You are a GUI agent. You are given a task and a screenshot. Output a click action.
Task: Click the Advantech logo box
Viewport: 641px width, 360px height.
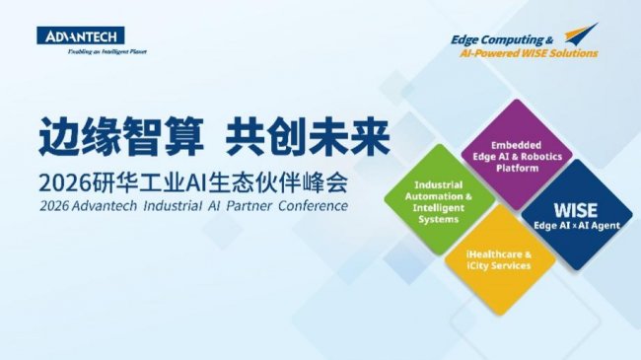point(81,36)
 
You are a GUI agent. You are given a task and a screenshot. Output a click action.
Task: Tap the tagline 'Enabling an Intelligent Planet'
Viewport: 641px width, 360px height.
point(107,51)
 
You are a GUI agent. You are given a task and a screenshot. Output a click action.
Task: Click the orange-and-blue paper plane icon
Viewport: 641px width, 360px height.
point(581,34)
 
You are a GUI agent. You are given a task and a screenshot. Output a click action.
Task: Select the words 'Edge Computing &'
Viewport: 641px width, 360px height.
point(502,39)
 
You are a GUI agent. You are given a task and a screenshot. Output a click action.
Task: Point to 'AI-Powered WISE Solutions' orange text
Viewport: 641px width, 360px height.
point(529,53)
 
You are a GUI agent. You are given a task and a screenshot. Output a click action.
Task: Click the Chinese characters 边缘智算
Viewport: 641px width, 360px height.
point(121,136)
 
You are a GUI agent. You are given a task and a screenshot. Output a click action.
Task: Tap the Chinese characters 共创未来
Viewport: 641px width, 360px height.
point(308,136)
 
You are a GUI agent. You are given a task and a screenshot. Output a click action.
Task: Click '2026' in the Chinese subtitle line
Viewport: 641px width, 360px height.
point(65,183)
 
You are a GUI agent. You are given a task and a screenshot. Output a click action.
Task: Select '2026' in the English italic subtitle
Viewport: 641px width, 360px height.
point(54,206)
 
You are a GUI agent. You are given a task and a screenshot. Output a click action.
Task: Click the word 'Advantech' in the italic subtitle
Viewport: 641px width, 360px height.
point(105,206)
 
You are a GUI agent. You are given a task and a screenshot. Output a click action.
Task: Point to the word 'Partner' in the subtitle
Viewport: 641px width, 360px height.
point(249,206)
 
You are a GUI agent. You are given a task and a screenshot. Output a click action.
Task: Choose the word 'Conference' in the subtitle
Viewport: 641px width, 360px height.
point(314,206)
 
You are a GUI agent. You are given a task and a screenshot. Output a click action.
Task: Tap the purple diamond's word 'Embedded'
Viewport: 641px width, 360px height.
point(516,145)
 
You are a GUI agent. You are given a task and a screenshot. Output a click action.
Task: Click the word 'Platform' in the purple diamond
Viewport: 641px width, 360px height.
point(517,168)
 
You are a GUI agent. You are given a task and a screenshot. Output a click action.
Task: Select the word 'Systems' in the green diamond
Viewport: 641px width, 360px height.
point(438,220)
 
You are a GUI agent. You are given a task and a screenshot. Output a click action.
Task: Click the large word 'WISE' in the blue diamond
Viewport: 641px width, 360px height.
point(576,210)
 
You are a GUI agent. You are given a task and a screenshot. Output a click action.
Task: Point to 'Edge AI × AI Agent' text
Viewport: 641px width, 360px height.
point(577,226)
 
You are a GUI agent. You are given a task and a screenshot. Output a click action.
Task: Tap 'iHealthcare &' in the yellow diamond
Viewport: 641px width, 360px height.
point(499,254)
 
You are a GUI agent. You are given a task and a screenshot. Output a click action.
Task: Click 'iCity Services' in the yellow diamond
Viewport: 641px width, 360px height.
point(499,266)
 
